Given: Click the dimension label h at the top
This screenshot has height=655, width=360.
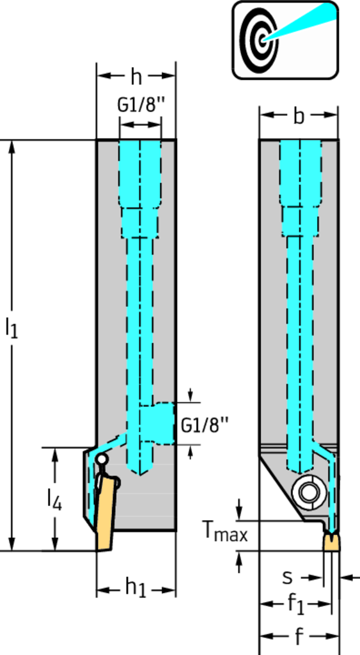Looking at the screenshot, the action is click(x=136, y=77).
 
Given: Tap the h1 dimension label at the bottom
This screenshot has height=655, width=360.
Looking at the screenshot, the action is click(x=136, y=588).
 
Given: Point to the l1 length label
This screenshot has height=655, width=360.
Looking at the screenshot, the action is click(x=12, y=327).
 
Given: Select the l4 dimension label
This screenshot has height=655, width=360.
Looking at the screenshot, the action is click(x=54, y=500).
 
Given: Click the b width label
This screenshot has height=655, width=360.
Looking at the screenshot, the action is click(x=298, y=116).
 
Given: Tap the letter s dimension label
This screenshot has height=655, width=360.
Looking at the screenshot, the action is click(x=287, y=578).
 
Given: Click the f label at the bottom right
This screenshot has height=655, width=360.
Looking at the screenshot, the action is click(x=299, y=636).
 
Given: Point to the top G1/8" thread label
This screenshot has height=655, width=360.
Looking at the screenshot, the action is click(x=139, y=105).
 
